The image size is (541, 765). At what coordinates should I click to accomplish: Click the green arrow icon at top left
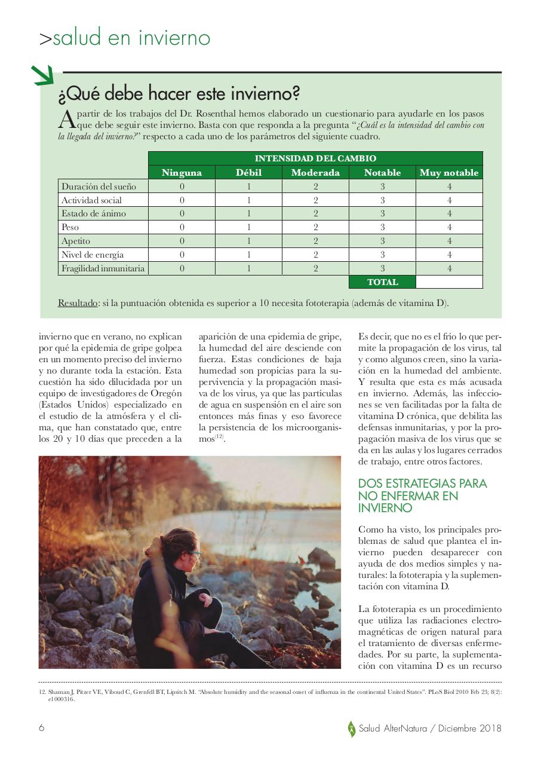42,75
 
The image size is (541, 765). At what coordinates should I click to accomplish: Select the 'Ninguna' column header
182,173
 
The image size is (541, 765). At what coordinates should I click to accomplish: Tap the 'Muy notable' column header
449,173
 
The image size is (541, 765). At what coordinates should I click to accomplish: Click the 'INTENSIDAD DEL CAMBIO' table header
315,158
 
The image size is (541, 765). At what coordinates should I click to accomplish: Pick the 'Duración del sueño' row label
99,186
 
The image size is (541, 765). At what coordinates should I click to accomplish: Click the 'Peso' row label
70,227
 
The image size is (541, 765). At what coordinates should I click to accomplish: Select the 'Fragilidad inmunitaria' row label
103,268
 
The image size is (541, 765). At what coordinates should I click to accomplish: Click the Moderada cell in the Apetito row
315,241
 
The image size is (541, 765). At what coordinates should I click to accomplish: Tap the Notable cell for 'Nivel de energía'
382,255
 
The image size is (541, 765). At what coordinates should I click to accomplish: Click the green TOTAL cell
382,282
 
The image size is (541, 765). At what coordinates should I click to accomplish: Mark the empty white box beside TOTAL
449,282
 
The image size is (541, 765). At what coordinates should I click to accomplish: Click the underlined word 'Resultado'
78,303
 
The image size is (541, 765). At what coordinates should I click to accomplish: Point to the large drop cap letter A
66,120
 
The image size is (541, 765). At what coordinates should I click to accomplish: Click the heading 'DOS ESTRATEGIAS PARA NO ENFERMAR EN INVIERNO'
422,495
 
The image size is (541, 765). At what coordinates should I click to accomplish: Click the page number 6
42,728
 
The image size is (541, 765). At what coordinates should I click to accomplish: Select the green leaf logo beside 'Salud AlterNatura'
352,729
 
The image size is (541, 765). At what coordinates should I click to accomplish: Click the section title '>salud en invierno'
125,38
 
